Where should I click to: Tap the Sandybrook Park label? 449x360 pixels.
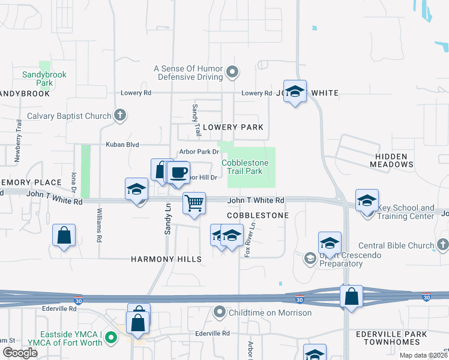44,79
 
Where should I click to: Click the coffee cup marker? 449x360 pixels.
178,172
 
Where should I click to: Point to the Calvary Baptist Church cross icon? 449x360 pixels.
120,116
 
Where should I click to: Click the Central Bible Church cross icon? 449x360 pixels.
443,245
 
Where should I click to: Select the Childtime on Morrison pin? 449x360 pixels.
219,313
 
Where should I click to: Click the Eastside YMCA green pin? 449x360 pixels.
110,338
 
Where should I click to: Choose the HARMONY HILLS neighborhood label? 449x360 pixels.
166,259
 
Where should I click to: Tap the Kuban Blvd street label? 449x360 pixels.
122,145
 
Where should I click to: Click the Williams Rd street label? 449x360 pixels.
98,225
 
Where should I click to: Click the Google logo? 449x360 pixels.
20,353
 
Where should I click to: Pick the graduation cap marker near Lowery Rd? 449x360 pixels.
295,91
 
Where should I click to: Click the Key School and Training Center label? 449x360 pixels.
405,211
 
